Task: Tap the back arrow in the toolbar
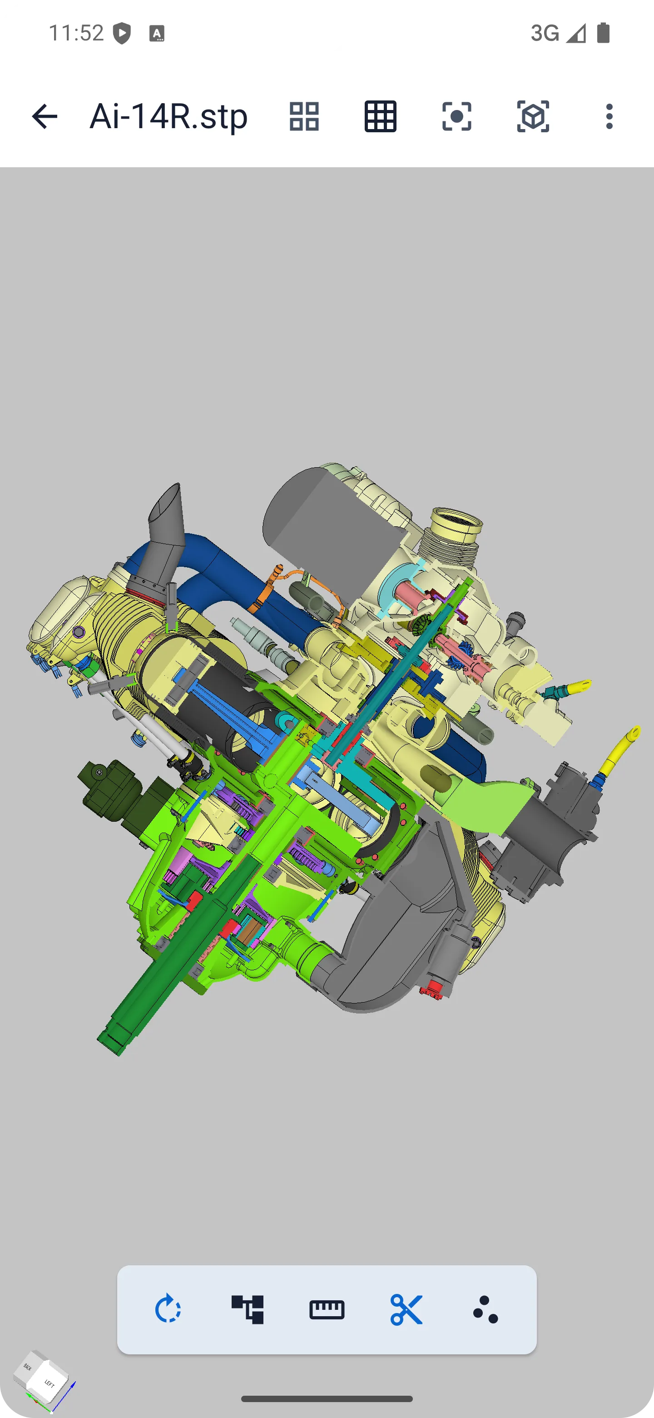coord(45,116)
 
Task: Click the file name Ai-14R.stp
coord(168,116)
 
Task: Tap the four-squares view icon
coord(304,116)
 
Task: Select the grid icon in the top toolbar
coord(381,116)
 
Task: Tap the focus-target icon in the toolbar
coord(456,116)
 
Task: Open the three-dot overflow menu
coord(609,116)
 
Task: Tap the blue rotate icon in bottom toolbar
coord(168,1309)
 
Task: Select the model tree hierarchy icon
coord(248,1309)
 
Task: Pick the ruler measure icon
coord(327,1309)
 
